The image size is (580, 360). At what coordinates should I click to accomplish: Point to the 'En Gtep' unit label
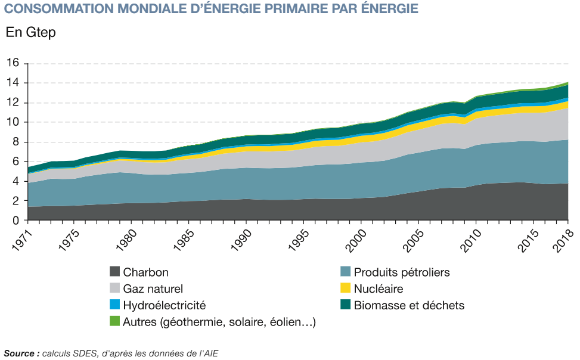pos(30,33)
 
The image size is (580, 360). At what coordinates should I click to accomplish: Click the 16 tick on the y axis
pos(15,63)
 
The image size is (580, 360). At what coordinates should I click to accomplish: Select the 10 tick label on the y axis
pos(15,122)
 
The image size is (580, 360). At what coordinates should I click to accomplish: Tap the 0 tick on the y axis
pos(17,221)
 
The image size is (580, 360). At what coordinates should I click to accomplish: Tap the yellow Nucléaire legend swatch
pos(345,289)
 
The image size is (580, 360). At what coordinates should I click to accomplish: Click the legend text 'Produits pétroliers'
pos(402,272)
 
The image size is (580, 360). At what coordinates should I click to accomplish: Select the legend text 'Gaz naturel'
pos(148,289)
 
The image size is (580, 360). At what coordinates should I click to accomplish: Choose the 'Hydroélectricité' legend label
pos(164,305)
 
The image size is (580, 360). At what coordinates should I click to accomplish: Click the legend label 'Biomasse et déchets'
pos(409,305)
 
